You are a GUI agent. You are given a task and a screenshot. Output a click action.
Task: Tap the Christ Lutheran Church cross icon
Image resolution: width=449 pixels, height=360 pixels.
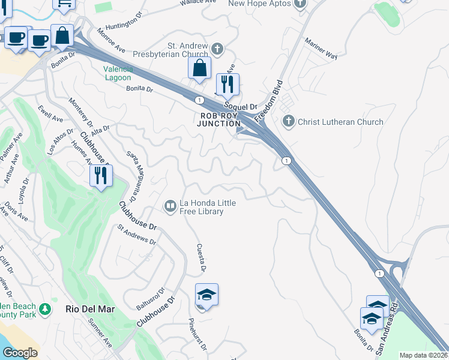[x=289, y=122]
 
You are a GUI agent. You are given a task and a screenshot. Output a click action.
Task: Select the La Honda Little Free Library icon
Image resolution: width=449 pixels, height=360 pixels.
[x=170, y=206]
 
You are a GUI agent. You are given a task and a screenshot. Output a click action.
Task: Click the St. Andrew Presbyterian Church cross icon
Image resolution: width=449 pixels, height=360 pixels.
[x=217, y=48]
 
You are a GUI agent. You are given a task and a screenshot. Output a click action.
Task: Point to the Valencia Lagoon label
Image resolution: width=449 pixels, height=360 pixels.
[x=117, y=73]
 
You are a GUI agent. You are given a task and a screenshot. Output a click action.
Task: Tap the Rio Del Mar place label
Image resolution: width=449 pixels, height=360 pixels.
[x=89, y=310]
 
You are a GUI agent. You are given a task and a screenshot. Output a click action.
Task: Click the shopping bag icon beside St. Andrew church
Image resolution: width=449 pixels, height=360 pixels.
[x=200, y=68]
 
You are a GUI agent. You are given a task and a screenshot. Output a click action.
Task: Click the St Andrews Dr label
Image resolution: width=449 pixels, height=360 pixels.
[x=137, y=235]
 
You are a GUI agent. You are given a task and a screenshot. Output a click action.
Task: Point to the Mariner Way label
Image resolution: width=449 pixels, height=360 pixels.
[x=321, y=49]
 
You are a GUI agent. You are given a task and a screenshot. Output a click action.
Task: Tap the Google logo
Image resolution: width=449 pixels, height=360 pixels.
[x=20, y=353]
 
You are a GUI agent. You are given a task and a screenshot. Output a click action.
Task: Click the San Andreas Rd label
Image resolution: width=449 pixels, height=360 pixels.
[x=387, y=331]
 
